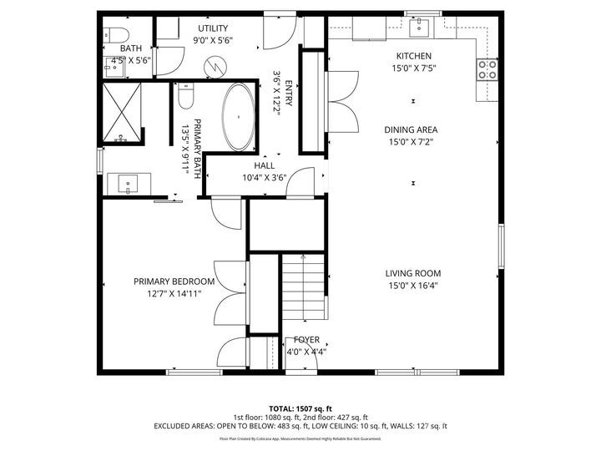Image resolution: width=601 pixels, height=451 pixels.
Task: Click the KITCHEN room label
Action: click(x=413, y=56)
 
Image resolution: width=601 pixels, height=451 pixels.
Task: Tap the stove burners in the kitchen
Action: click(x=487, y=69)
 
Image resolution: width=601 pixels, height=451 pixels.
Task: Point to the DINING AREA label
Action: click(x=411, y=129)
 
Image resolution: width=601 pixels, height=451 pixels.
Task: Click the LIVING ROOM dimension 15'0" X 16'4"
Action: click(x=412, y=286)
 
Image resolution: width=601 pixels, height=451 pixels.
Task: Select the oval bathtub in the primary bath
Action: click(x=239, y=117)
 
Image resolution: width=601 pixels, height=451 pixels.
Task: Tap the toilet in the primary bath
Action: click(x=186, y=99)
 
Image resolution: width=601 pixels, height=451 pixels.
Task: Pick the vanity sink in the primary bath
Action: click(x=128, y=181)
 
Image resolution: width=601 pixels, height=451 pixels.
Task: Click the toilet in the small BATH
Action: click(x=117, y=35)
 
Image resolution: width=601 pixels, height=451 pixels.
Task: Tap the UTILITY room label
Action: click(x=213, y=28)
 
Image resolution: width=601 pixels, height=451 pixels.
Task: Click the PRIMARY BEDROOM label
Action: click(x=174, y=281)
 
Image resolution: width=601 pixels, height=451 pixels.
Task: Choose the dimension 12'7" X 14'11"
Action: click(x=174, y=293)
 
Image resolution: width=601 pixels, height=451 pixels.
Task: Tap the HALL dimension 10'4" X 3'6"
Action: click(x=264, y=178)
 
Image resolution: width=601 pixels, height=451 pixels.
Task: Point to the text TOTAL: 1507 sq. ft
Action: click(x=300, y=408)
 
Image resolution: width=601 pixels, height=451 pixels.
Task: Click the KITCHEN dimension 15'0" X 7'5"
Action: click(x=413, y=68)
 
